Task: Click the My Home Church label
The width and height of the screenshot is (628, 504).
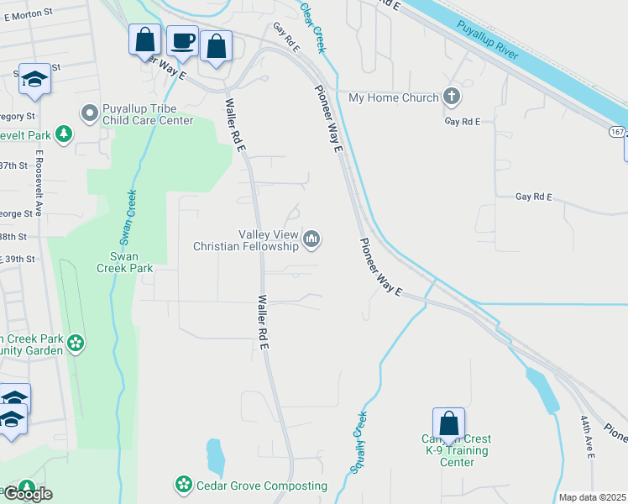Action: click(393, 97)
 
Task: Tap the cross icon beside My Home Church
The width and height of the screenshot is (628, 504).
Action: click(452, 97)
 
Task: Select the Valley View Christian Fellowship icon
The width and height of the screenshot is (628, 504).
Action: click(312, 240)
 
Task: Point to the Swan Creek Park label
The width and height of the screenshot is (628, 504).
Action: click(124, 262)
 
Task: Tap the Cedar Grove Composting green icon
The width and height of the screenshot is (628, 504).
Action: click(183, 485)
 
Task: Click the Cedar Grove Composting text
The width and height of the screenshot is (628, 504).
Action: click(262, 486)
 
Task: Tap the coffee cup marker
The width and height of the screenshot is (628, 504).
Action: click(182, 41)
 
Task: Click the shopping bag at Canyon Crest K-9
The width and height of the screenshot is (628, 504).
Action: click(448, 424)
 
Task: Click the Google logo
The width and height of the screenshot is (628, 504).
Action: click(28, 494)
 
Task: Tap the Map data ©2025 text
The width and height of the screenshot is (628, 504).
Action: click(593, 497)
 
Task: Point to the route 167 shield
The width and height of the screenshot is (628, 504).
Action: click(617, 134)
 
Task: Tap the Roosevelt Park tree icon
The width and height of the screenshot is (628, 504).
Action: click(63, 134)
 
